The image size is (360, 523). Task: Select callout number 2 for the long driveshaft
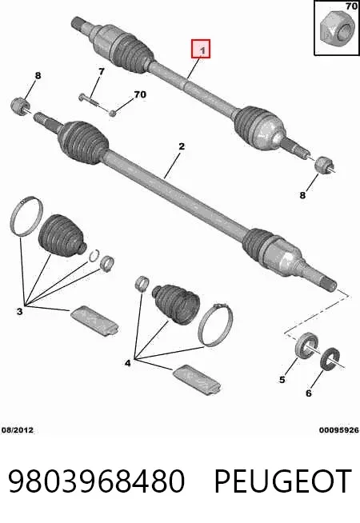[x=181, y=146]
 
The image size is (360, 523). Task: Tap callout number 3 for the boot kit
[x=20, y=312]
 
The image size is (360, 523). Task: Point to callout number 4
[x=128, y=362]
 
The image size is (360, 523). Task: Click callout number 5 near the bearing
[x=282, y=380]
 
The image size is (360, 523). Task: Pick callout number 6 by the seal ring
[x=309, y=393]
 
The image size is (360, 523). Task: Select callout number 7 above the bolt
[x=101, y=71]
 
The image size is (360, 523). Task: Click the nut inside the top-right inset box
[x=336, y=28]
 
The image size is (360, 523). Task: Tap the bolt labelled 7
[x=90, y=101]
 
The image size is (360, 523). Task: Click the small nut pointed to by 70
[x=113, y=113]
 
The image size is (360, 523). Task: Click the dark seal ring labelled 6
[x=330, y=358]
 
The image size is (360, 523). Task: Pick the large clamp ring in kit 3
[x=26, y=216]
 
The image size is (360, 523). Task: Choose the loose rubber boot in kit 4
[x=175, y=304]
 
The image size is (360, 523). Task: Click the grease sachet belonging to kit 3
[x=94, y=320]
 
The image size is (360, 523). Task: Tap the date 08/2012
[x=18, y=430]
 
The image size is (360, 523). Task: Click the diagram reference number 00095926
[x=338, y=430]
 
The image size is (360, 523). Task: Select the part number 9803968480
[x=97, y=481]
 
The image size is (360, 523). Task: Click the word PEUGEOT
[x=283, y=481]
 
